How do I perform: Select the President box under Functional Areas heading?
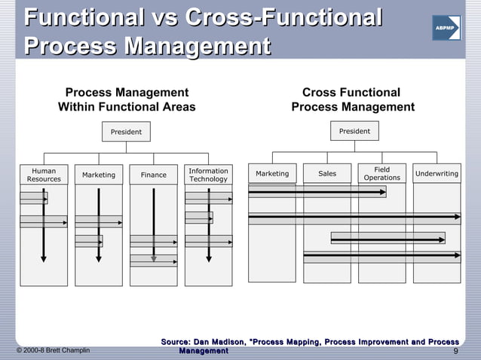(x=126, y=132)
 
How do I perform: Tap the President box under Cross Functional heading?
(x=354, y=131)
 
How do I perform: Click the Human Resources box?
(x=44, y=175)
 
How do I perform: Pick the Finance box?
(x=154, y=175)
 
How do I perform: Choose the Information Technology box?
(x=208, y=175)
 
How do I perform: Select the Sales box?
(x=327, y=173)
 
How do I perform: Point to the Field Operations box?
(x=381, y=173)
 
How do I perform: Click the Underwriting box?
(x=437, y=173)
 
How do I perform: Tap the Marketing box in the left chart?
(x=99, y=175)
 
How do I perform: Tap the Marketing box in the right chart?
(x=272, y=173)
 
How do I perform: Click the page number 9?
(x=456, y=351)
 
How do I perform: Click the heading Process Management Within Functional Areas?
(x=127, y=99)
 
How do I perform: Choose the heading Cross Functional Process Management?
(x=353, y=99)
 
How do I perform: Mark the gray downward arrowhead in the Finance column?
(x=154, y=258)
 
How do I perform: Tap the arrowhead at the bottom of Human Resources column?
(x=44, y=259)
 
